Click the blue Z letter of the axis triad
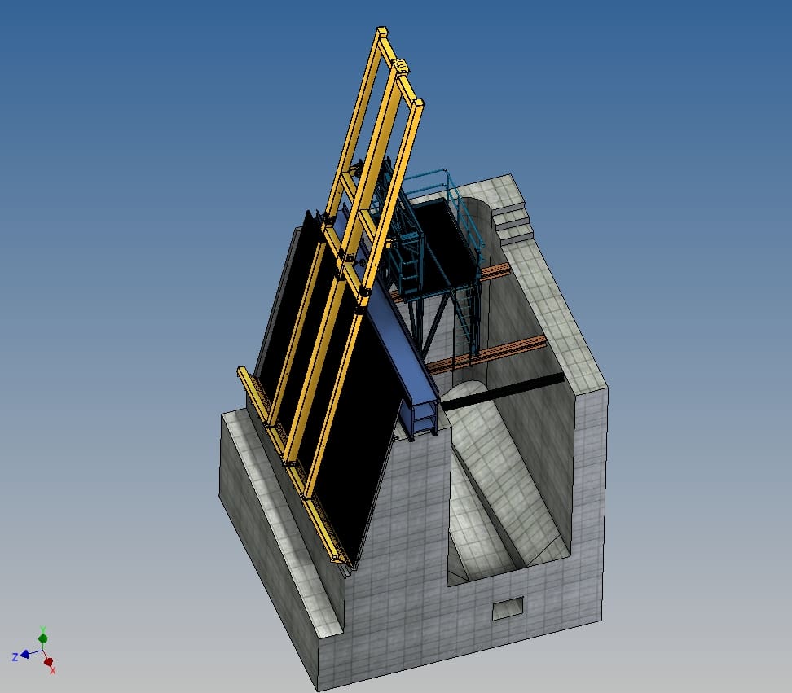click(x=15, y=656)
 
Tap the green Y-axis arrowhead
click(x=43, y=638)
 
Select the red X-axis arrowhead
click(x=49, y=662)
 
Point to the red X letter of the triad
click(x=52, y=670)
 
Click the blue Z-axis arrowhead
click(x=24, y=655)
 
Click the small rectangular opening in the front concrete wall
click(x=508, y=608)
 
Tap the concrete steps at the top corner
click(x=511, y=218)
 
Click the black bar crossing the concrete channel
click(x=503, y=391)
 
